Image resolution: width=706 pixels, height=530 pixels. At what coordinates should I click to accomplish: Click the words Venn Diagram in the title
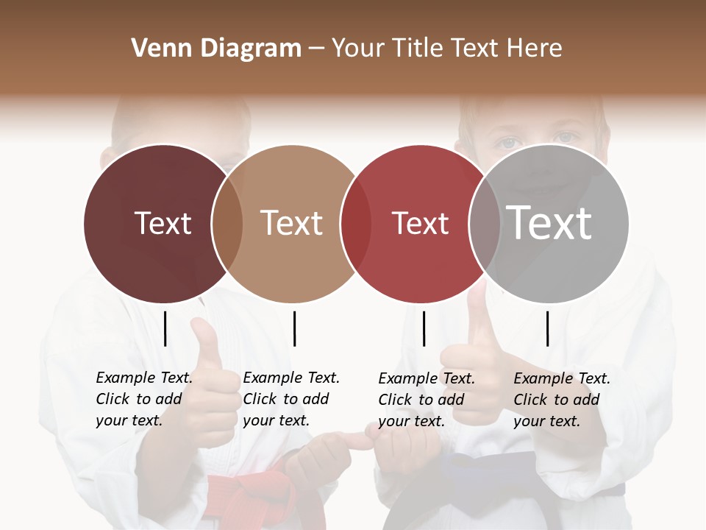(216, 49)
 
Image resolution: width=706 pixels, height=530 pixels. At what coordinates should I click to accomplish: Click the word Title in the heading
(416, 49)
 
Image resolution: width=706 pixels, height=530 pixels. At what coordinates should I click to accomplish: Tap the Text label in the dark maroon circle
(163, 223)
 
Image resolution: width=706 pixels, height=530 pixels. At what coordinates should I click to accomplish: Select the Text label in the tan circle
(291, 223)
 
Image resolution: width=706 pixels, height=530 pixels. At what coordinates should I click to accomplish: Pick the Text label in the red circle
(420, 223)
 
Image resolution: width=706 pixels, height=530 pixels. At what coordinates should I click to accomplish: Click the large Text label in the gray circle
(549, 223)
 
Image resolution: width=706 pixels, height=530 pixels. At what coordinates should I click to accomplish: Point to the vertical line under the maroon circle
(165, 328)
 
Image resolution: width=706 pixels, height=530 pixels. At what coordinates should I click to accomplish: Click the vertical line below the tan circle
(294, 328)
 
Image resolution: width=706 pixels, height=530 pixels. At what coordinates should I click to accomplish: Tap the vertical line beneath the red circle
(424, 328)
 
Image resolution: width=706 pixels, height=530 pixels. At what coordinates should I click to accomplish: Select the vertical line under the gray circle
(547, 328)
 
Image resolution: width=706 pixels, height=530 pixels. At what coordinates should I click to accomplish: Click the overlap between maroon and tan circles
(227, 223)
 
